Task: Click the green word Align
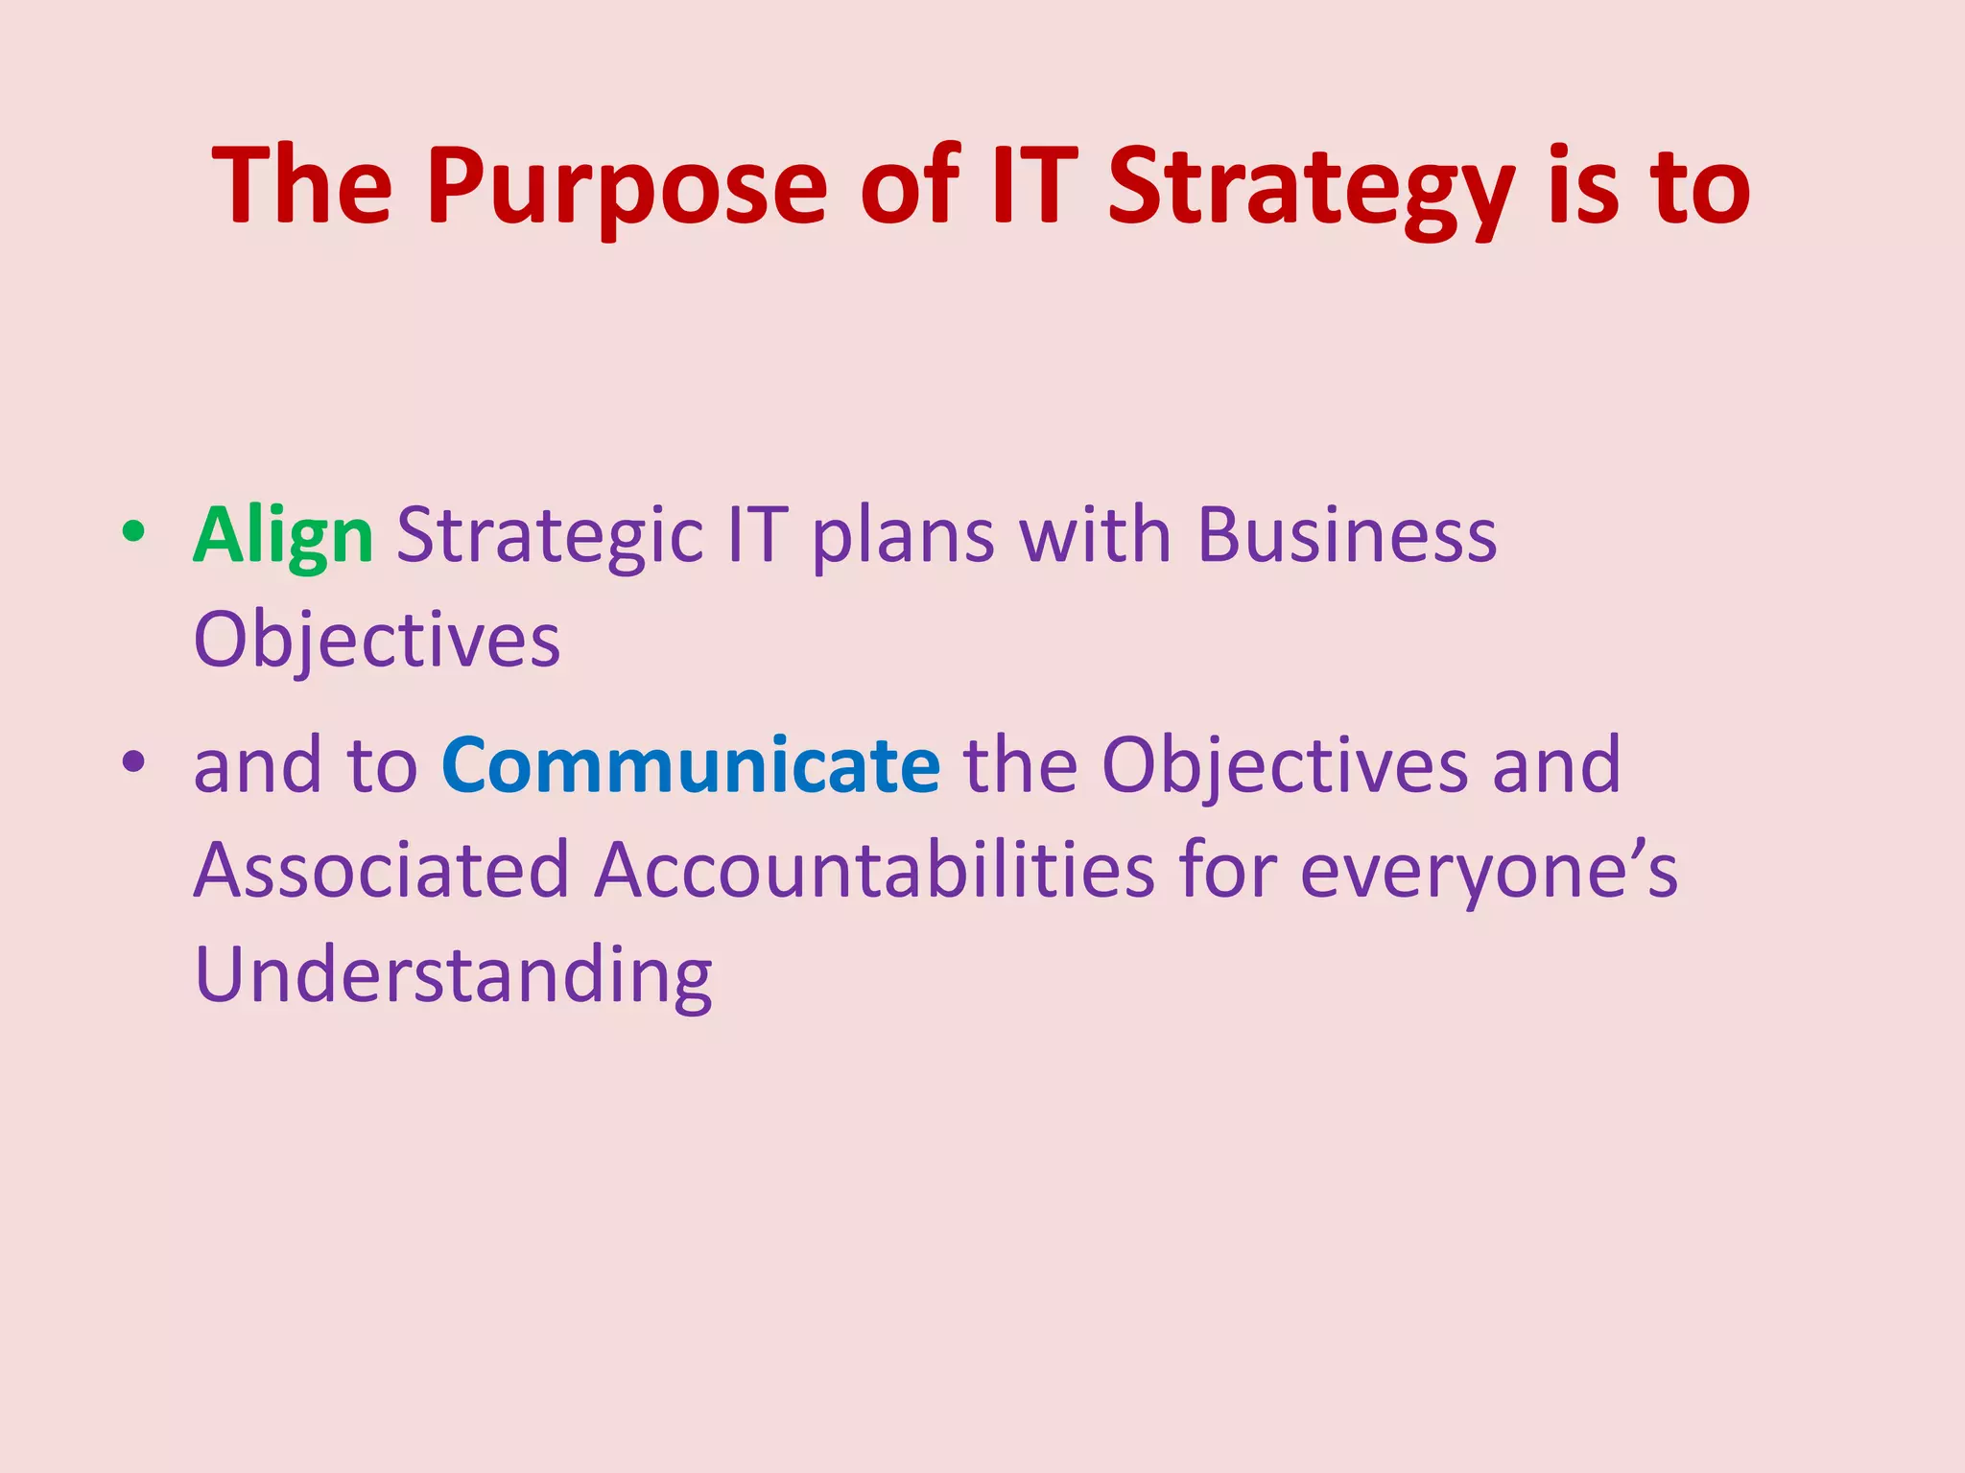(283, 537)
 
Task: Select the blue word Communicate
(690, 765)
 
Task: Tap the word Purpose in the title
(627, 187)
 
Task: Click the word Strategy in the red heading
(1311, 187)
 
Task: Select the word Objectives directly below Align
(376, 641)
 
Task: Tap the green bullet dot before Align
(133, 531)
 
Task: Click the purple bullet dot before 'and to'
(133, 761)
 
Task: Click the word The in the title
(302, 187)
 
